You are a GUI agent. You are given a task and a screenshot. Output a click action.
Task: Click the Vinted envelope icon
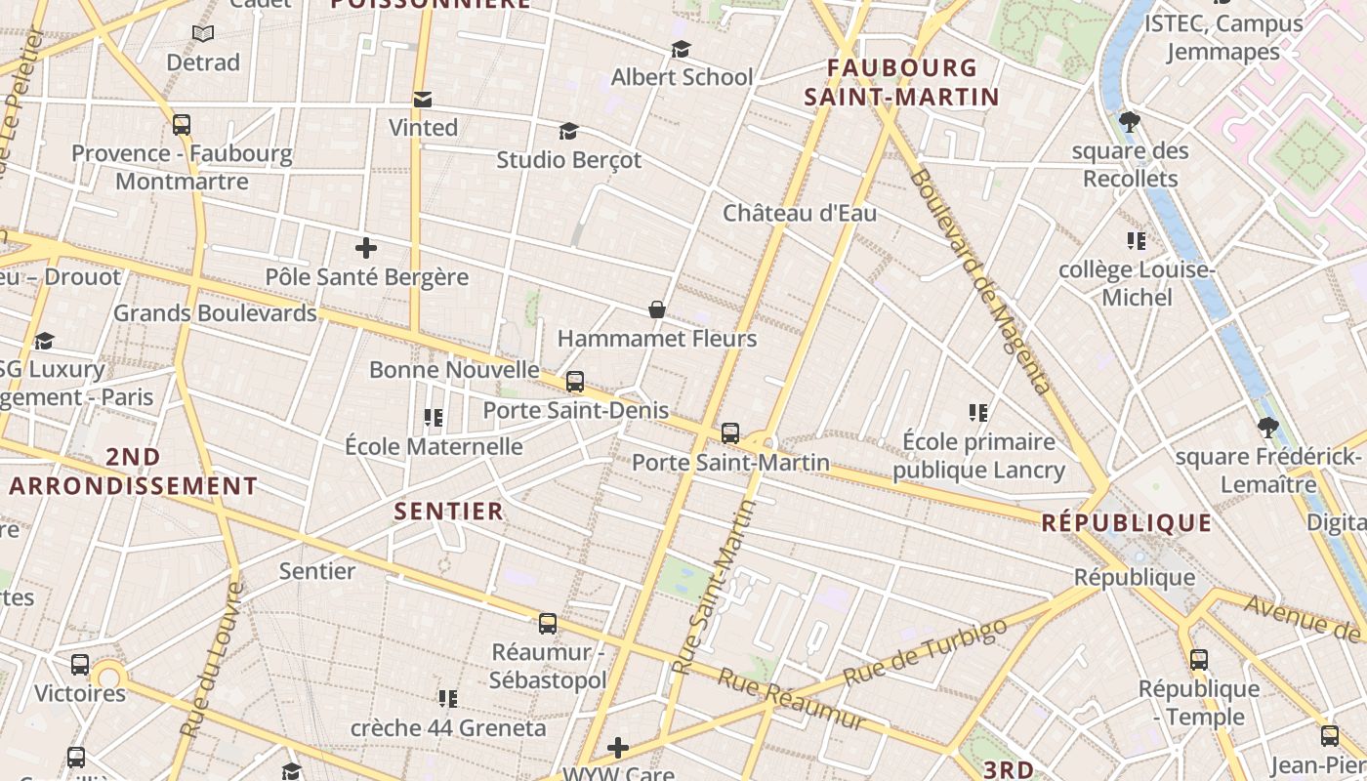pos(423,100)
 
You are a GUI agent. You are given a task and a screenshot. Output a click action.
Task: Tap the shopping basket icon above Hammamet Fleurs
pos(657,310)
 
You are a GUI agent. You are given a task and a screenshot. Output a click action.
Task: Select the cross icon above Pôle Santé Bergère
pos(366,248)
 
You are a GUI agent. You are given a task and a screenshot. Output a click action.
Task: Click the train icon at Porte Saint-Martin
pos(730,433)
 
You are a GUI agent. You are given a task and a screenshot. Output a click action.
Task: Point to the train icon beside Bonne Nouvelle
pos(575,382)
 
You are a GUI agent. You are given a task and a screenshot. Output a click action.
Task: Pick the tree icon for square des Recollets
pos(1130,122)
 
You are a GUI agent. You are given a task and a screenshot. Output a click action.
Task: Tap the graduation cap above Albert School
pos(681,49)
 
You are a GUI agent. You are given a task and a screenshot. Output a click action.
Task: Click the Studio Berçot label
pos(569,159)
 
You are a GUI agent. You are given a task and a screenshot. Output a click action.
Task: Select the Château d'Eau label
pos(800,213)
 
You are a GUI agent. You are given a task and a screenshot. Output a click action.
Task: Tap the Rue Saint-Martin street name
pos(715,586)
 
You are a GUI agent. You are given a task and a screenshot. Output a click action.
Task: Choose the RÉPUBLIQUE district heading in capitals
pos(1127,522)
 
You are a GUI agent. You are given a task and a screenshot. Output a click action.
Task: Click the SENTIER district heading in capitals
pos(449,511)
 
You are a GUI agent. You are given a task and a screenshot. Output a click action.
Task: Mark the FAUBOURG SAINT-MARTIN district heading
pos(901,82)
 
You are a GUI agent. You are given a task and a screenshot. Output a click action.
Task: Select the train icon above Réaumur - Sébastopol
pos(548,623)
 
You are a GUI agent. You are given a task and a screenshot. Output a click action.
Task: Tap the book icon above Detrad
pos(203,34)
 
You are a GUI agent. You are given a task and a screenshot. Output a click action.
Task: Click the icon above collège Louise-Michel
pos(1136,240)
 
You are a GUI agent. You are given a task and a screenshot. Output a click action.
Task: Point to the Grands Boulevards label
pos(215,313)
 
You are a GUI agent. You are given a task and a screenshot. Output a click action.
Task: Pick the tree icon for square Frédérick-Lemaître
pos(1267,427)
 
